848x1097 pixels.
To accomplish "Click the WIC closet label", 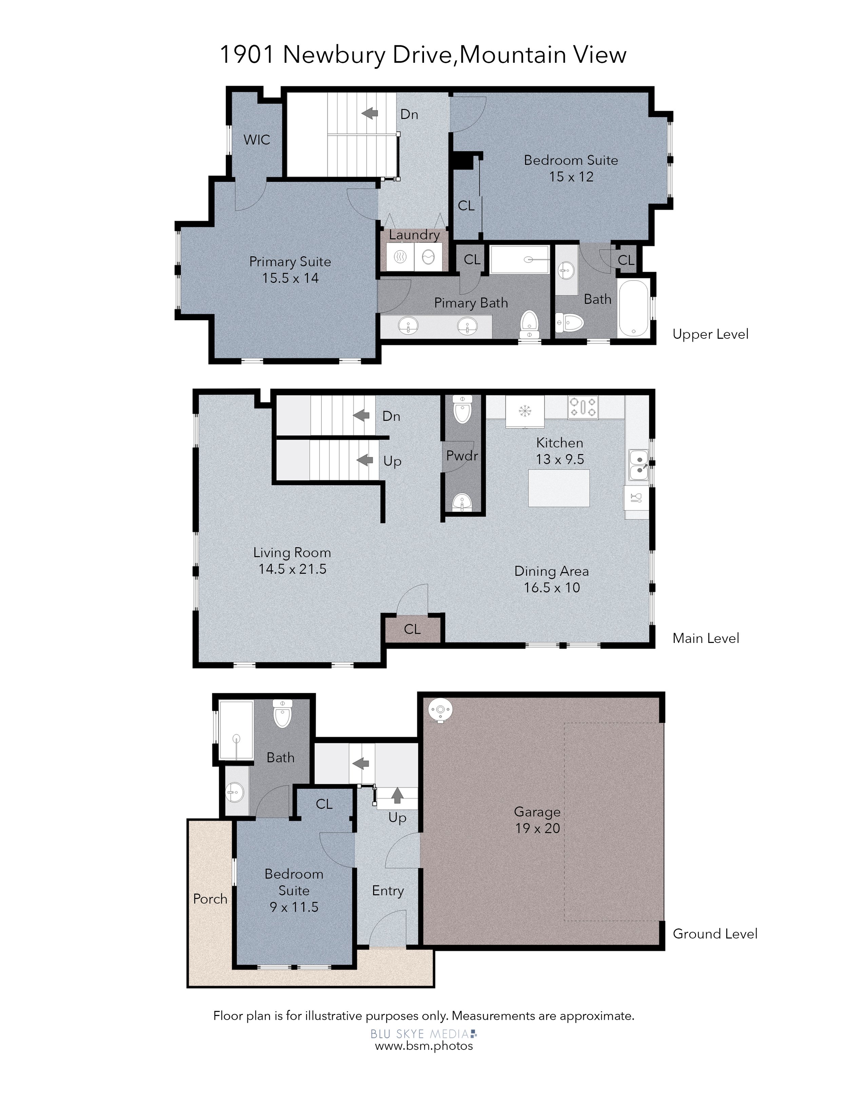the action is [257, 140].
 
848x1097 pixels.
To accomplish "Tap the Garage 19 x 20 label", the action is [537, 820].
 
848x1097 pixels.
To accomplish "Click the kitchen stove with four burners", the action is [583, 407].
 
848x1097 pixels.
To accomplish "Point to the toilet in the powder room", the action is [462, 409].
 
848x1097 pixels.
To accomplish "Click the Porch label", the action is [210, 899].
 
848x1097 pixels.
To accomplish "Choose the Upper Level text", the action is [710, 334].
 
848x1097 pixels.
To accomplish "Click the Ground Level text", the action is [715, 934].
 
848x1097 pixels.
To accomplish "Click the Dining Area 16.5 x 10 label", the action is [552, 579].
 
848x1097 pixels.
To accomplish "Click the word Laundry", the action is [415, 235].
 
